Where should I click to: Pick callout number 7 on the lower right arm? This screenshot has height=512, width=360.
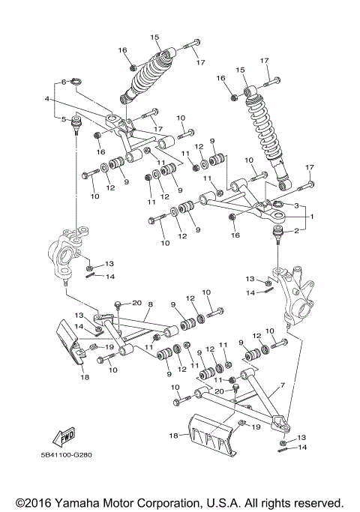click(283, 386)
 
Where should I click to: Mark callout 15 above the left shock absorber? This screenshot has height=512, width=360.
click(155, 37)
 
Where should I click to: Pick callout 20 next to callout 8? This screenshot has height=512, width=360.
click(136, 303)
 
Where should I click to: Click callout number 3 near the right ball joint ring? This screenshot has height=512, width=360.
click(296, 205)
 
